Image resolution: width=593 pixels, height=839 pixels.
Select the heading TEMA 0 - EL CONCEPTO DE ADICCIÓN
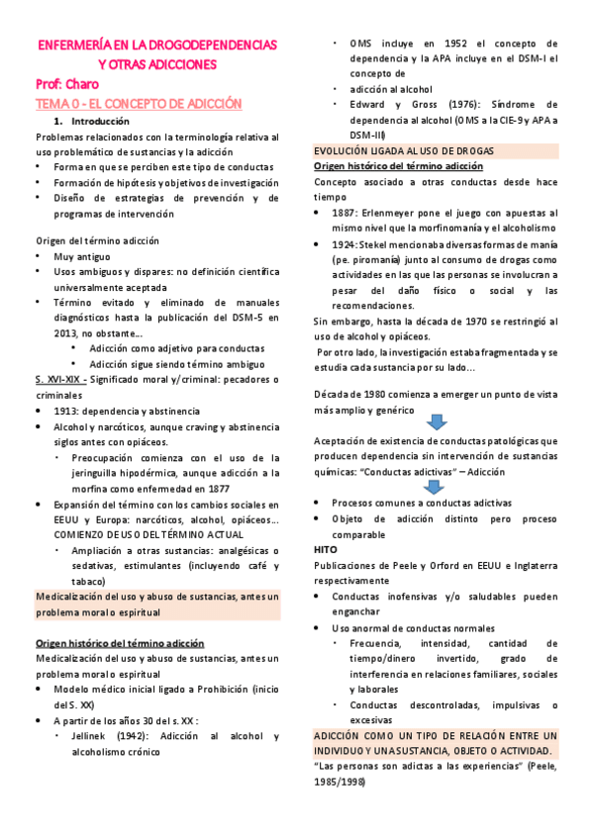click(139, 103)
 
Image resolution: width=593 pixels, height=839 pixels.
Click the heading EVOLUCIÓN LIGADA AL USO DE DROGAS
click(404, 150)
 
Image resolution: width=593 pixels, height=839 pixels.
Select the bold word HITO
click(325, 548)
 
